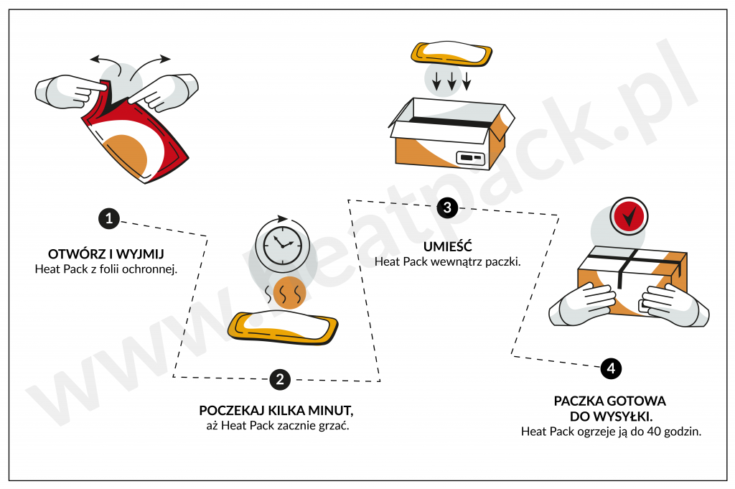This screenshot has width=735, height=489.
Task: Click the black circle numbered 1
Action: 108,219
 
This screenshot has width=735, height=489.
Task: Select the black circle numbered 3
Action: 447,208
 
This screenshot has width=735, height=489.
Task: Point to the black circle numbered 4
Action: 610,369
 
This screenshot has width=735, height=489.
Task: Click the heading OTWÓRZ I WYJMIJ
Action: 106,254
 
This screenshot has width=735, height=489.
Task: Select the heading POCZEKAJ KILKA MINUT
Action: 276,411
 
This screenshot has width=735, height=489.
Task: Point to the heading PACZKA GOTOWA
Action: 609,401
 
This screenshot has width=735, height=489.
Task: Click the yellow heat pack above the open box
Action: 451,54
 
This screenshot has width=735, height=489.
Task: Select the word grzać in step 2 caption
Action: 342,426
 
